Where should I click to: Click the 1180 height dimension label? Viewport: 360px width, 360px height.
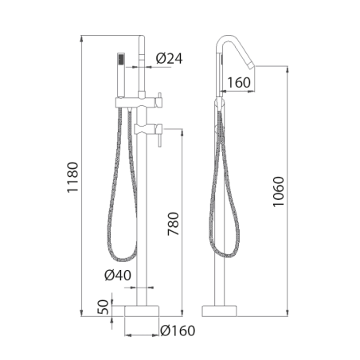72,177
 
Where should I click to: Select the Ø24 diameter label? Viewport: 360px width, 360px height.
169,58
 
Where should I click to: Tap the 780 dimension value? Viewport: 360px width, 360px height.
174,224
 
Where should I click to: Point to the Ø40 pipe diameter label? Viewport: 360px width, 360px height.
118,275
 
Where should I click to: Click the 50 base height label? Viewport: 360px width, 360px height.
104,307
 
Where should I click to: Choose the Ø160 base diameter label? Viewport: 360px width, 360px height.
178,331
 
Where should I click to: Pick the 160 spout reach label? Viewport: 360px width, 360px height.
239,83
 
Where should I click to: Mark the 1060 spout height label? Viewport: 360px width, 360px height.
278,191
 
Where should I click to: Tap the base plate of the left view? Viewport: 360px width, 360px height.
142,311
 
